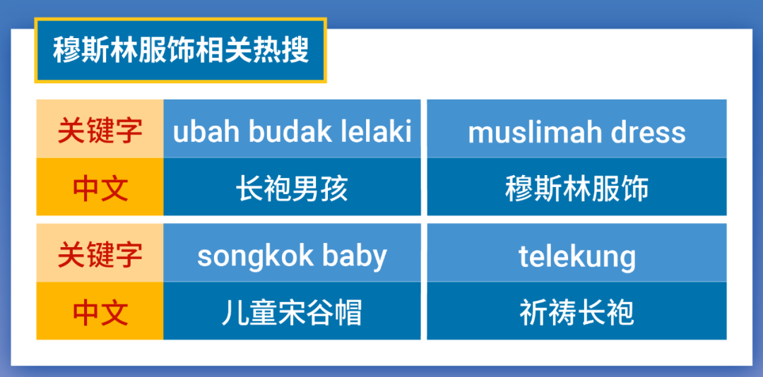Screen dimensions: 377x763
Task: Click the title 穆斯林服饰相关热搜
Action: [181, 51]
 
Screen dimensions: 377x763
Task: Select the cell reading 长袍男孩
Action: [292, 188]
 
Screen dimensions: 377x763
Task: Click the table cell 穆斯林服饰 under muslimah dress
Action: [576, 188]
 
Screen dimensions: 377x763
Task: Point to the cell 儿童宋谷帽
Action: [292, 312]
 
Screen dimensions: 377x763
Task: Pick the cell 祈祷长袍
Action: [576, 312]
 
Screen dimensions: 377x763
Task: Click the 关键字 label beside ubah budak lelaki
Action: [100, 131]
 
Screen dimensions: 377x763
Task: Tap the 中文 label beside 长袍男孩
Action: [100, 188]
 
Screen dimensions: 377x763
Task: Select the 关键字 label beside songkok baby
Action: [100, 255]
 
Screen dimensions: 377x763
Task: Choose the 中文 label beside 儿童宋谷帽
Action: [100, 312]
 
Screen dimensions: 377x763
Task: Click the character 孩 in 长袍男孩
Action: [334, 188]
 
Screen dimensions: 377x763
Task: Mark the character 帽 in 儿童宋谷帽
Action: [348, 312]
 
